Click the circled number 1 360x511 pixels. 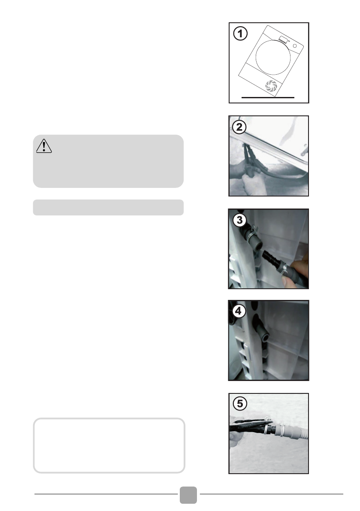(x=240, y=33)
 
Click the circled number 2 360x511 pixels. (x=239, y=127)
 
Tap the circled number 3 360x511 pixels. (x=239, y=220)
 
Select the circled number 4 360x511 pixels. (x=239, y=311)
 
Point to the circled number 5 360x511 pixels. (x=240, y=403)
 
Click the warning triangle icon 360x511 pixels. (x=44, y=146)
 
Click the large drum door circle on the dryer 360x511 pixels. (x=273, y=57)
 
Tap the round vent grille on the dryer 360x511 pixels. (x=271, y=86)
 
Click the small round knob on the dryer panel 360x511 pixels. (x=295, y=46)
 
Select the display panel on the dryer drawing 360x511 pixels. (x=283, y=40)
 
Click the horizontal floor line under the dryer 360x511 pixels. (x=268, y=97)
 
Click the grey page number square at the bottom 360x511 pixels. (x=188, y=495)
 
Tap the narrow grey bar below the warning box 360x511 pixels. (x=108, y=207)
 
